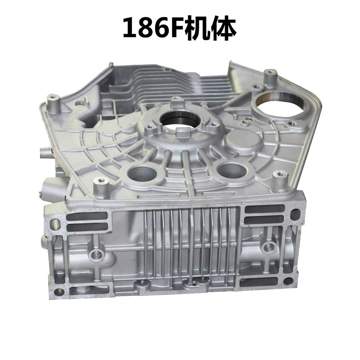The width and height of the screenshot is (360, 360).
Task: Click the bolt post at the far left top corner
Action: click(53, 102)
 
